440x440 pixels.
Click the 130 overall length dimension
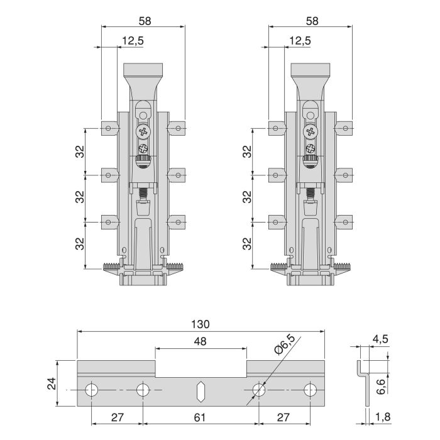201,324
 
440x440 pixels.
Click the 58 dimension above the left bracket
143,20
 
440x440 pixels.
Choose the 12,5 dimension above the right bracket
300,41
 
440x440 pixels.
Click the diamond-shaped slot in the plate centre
200,391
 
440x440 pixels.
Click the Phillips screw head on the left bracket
144,133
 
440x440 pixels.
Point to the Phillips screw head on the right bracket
311,133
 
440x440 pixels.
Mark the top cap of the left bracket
144,69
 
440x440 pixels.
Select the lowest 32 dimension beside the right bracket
247,243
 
